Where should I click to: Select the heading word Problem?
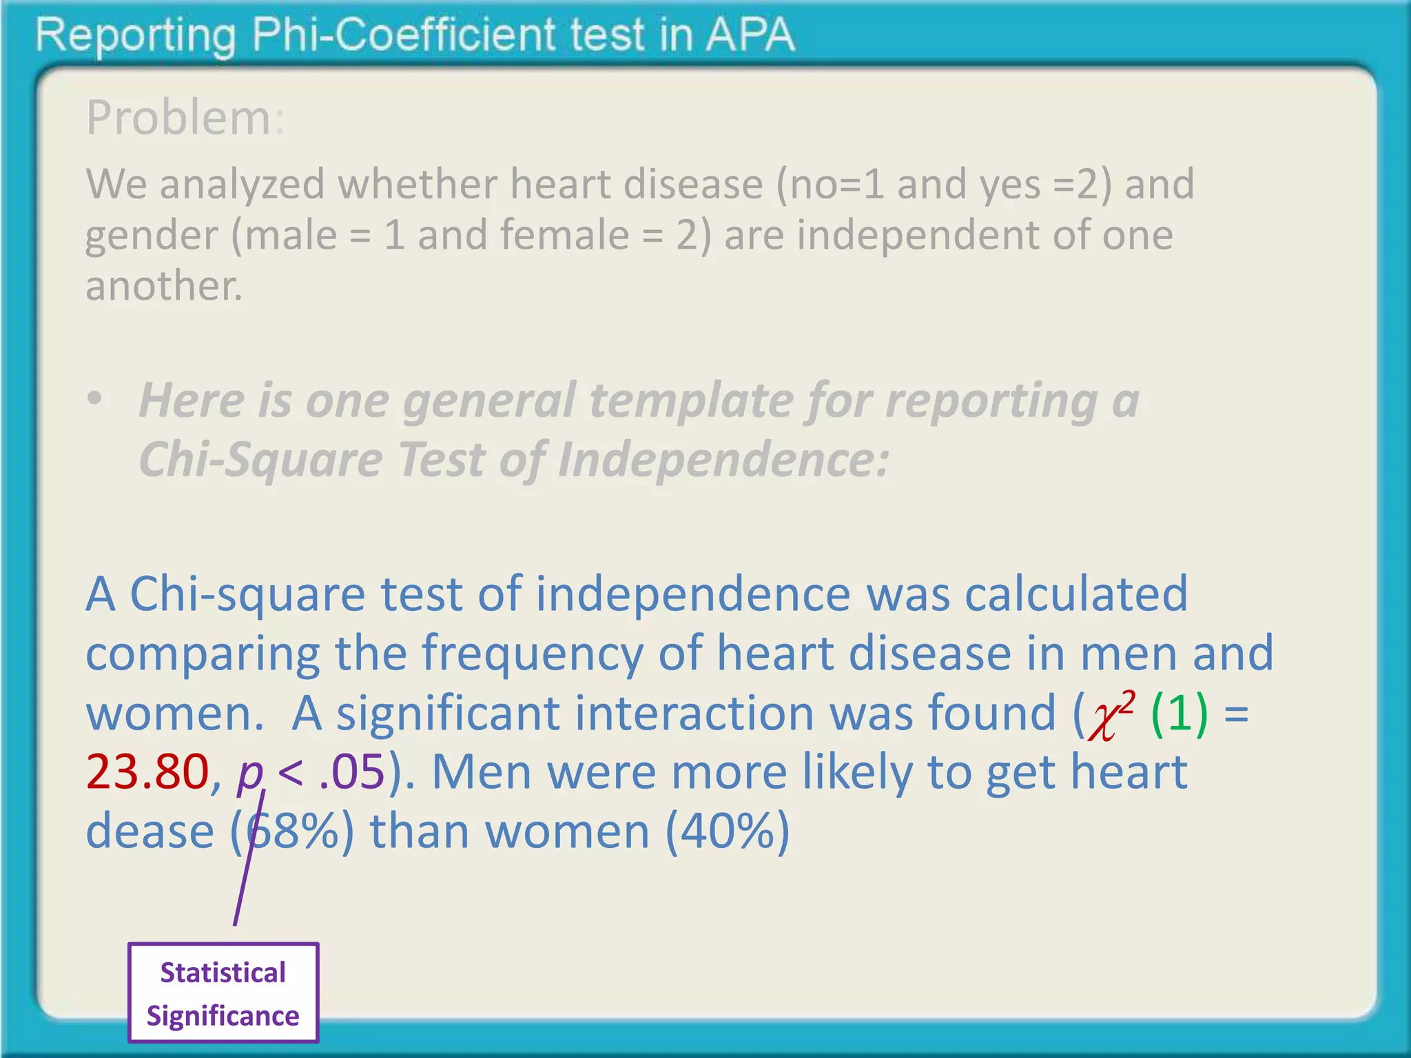178,118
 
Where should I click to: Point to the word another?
163,286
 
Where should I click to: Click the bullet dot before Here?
95,399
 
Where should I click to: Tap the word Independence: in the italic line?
723,459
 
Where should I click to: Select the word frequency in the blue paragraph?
531,654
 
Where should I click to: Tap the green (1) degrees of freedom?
1180,714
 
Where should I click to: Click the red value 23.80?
147,772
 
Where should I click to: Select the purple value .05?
351,772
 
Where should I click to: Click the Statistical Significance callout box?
223,993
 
